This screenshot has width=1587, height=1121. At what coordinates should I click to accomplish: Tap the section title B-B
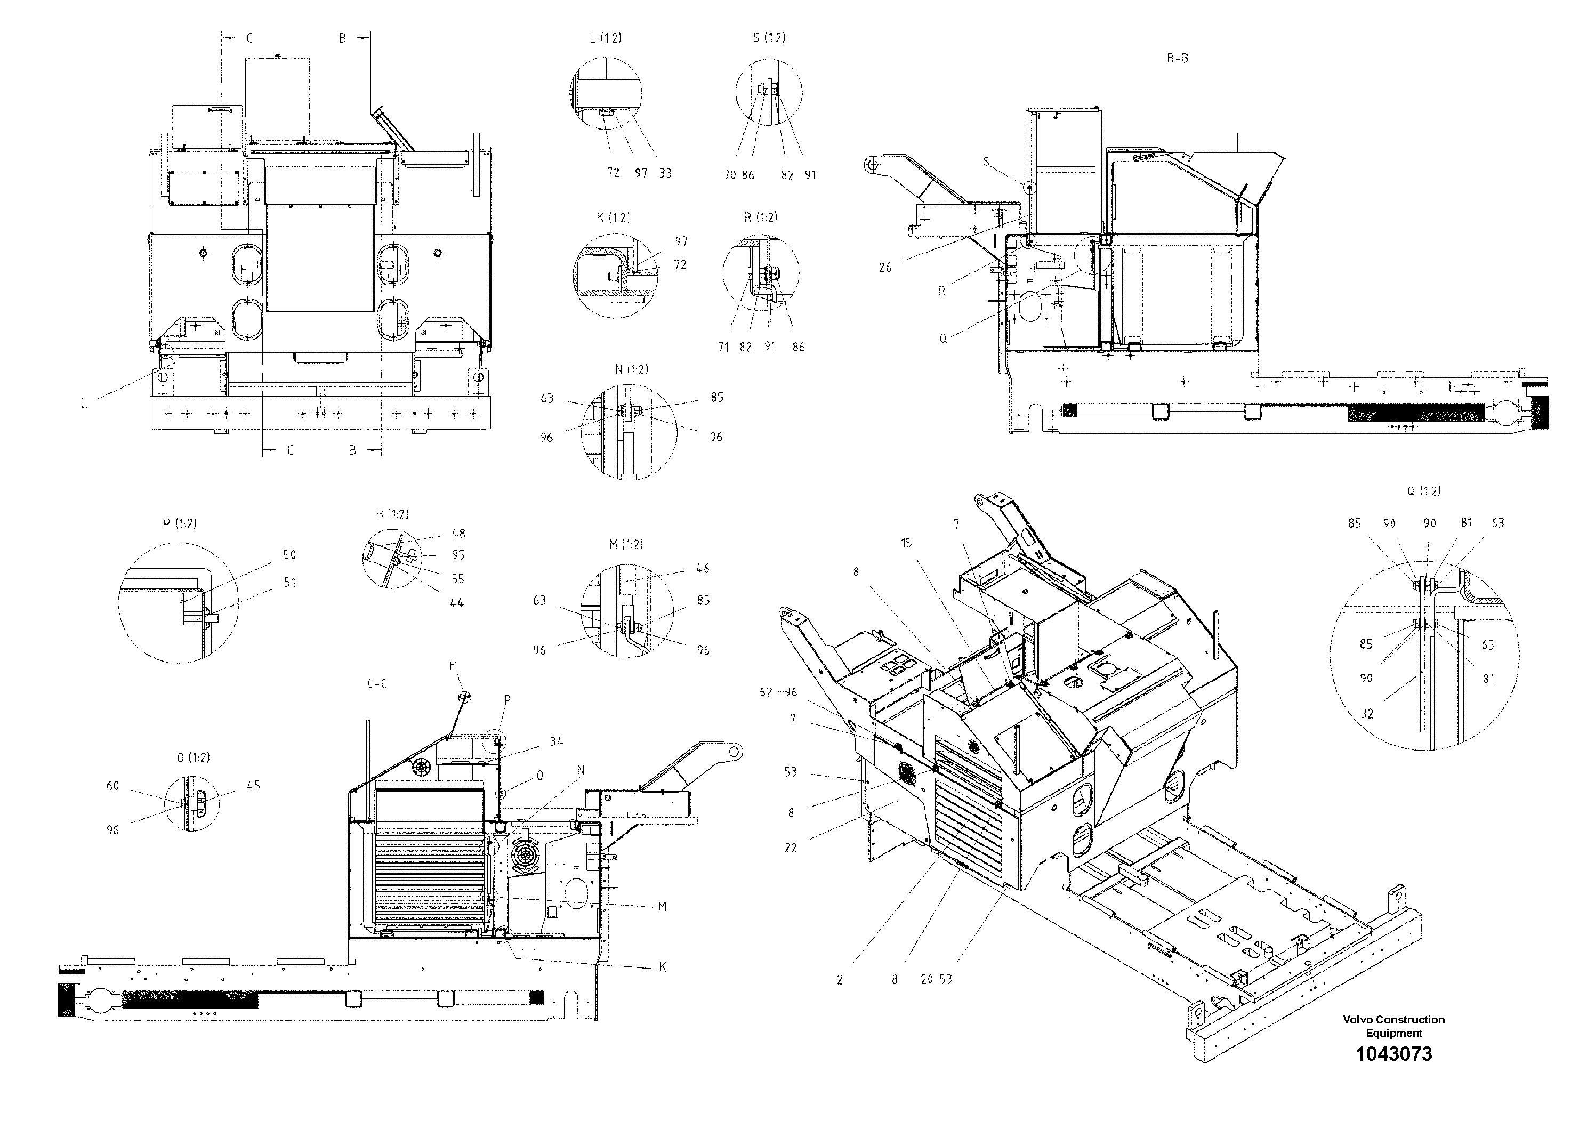pos(1177,59)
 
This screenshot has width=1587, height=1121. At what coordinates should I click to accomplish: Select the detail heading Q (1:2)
pos(1424,491)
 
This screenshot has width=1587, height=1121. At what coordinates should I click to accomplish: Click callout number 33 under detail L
pos(665,173)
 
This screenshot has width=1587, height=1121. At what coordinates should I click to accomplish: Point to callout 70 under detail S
pos(730,175)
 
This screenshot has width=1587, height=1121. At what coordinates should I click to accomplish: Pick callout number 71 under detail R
pos(723,347)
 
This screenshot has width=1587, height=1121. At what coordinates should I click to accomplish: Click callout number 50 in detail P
pos(289,554)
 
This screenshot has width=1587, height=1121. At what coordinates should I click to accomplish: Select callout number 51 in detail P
pos(289,583)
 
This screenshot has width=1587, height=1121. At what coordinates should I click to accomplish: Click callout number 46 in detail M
pos(702,569)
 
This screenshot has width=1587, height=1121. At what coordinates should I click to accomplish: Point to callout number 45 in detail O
pos(253,785)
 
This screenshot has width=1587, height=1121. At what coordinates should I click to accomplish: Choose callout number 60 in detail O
pos(112,786)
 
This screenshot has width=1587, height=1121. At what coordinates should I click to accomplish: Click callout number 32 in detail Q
pos(1366,714)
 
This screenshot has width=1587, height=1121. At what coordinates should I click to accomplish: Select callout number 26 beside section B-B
pos(885,268)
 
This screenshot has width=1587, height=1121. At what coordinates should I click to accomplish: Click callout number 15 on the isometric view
pos(906,543)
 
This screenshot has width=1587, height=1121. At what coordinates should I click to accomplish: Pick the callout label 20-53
pos(936,979)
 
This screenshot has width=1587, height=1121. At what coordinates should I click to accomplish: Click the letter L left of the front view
pos(84,403)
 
